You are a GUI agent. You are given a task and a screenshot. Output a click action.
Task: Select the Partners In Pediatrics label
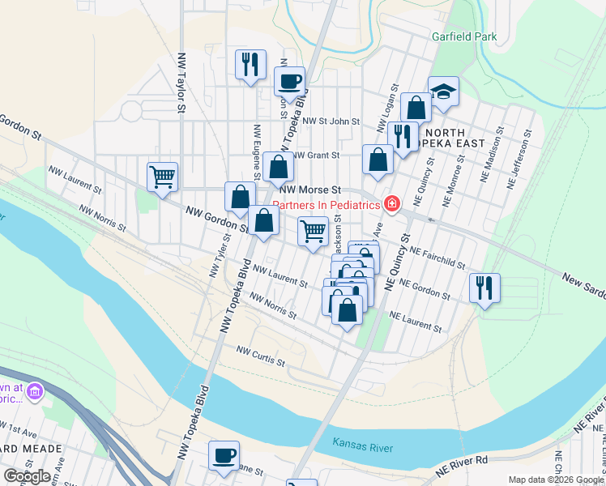coord(326,205)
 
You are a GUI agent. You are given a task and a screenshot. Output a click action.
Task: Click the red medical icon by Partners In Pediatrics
coord(392,203)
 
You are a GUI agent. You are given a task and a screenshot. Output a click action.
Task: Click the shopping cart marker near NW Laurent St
coord(163,176)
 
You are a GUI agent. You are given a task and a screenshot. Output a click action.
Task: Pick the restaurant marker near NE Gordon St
coord(484,288)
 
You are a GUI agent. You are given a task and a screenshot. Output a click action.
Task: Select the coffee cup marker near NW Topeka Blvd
coord(289,81)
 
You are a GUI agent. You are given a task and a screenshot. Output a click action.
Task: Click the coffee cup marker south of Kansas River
coord(224,455)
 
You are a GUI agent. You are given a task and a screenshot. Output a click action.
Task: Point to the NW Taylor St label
coord(182,83)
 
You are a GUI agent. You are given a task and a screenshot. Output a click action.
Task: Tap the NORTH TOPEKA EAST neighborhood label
coord(454,138)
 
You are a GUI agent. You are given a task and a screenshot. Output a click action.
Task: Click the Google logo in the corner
coord(26,475)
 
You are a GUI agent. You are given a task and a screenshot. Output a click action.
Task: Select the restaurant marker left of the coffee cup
coord(250,65)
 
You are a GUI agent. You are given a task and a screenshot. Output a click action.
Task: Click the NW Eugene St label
coord(256,151)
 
